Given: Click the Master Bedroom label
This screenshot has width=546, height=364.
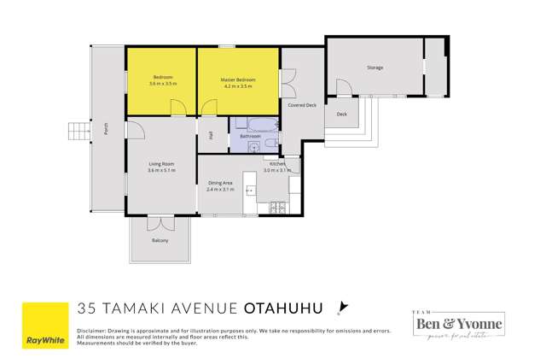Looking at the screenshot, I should tap(239, 79).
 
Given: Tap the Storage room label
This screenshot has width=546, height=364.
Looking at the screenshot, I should tap(375, 68).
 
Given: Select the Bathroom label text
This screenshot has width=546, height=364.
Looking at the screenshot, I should tap(250, 136).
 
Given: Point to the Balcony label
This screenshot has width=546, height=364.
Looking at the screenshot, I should tap(160, 241).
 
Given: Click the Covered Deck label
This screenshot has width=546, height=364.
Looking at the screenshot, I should tap(303, 105).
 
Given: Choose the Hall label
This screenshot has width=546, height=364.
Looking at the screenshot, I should tap(211, 135).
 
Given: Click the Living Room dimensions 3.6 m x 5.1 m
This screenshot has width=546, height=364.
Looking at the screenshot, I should tap(161, 171).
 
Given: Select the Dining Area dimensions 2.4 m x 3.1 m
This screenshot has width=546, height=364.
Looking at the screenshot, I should tap(219, 189).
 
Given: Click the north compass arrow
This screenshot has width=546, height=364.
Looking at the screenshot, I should tap(343, 307).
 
